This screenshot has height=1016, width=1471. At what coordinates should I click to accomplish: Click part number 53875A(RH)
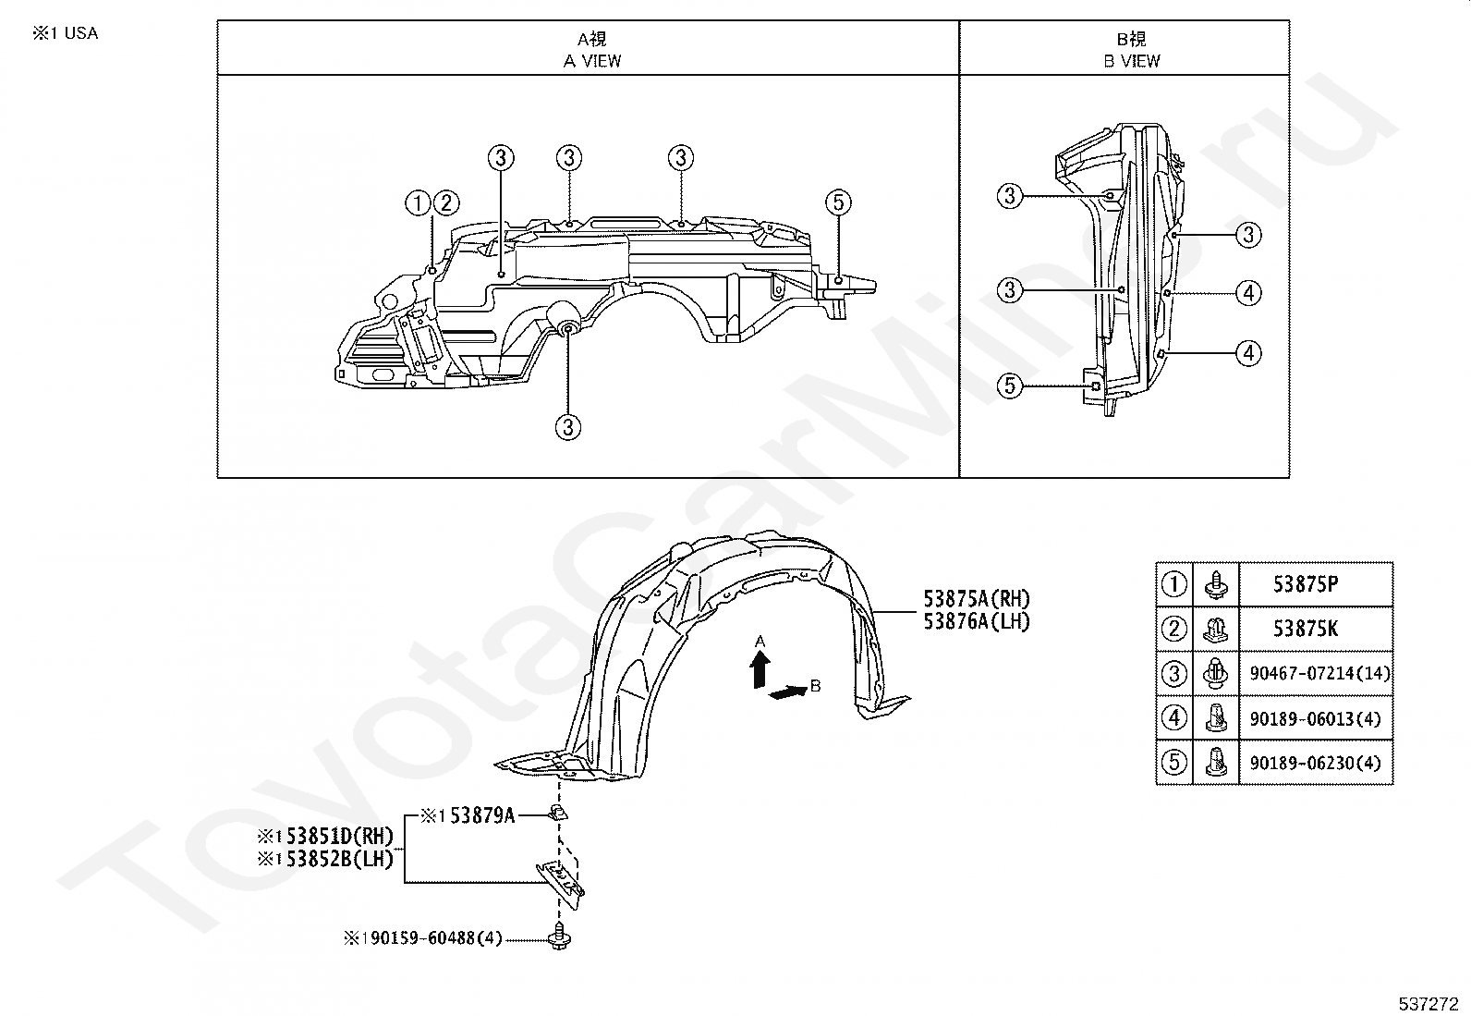tap(976, 599)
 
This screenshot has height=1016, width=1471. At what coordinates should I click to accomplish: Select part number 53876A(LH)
tap(976, 621)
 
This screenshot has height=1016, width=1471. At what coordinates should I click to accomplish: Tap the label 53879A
tap(479, 815)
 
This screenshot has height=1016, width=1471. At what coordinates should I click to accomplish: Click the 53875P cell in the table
tap(1306, 584)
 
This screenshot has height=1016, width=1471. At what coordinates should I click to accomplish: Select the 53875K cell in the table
tap(1306, 630)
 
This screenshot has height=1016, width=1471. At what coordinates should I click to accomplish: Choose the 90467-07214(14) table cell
tap(1319, 674)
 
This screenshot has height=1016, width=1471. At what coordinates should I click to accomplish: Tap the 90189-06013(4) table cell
tap(1316, 718)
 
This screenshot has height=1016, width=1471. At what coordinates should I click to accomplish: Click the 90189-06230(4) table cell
tap(1316, 763)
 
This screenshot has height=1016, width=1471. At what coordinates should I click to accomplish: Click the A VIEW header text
tap(592, 61)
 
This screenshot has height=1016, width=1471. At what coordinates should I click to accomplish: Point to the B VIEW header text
tap(1131, 61)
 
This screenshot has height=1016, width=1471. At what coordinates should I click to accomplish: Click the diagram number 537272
tap(1428, 1002)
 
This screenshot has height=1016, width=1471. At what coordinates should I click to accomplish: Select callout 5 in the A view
tap(837, 202)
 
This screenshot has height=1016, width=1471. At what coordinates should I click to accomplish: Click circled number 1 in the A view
tap(418, 202)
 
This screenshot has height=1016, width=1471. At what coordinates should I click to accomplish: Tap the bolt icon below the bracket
tap(559, 939)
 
